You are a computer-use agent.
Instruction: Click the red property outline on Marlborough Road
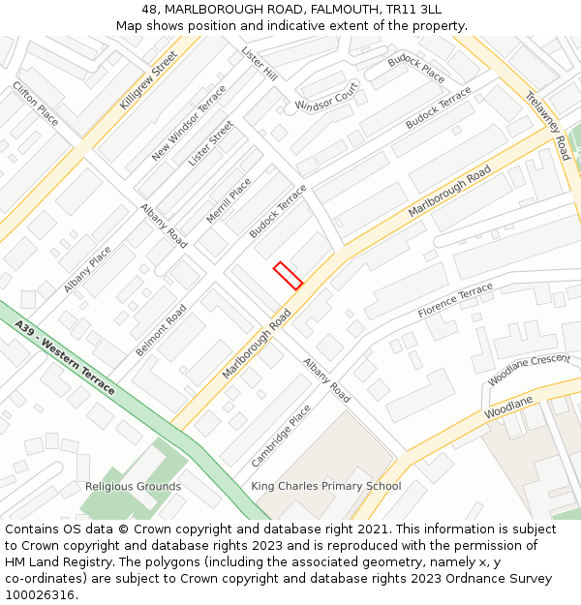[x=288, y=276]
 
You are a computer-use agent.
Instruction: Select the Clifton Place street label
[x=36, y=103]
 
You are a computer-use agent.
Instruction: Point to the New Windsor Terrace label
[x=189, y=123]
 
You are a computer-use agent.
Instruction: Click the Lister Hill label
[x=260, y=63]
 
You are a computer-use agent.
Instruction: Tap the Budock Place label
[x=416, y=70]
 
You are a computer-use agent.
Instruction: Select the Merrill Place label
[x=229, y=200]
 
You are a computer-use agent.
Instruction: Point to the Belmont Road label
[x=161, y=330]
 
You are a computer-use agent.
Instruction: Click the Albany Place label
[x=87, y=269]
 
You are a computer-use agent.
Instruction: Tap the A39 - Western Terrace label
[x=65, y=358]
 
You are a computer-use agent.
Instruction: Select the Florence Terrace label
[x=455, y=301]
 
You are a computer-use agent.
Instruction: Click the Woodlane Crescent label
[x=529, y=371]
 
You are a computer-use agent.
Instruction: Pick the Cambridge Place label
[x=281, y=436]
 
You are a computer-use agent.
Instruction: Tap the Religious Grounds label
[x=133, y=486]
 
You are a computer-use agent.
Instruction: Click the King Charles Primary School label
[x=326, y=486]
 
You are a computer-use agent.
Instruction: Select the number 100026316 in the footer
[x=39, y=595]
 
